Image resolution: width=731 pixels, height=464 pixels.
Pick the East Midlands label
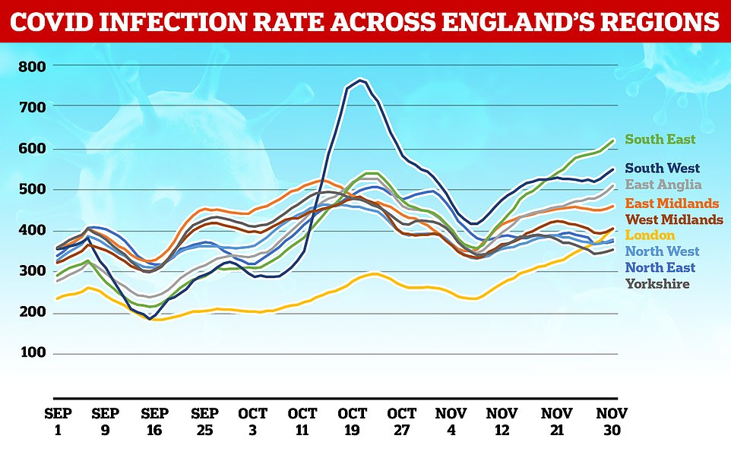[672, 203]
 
